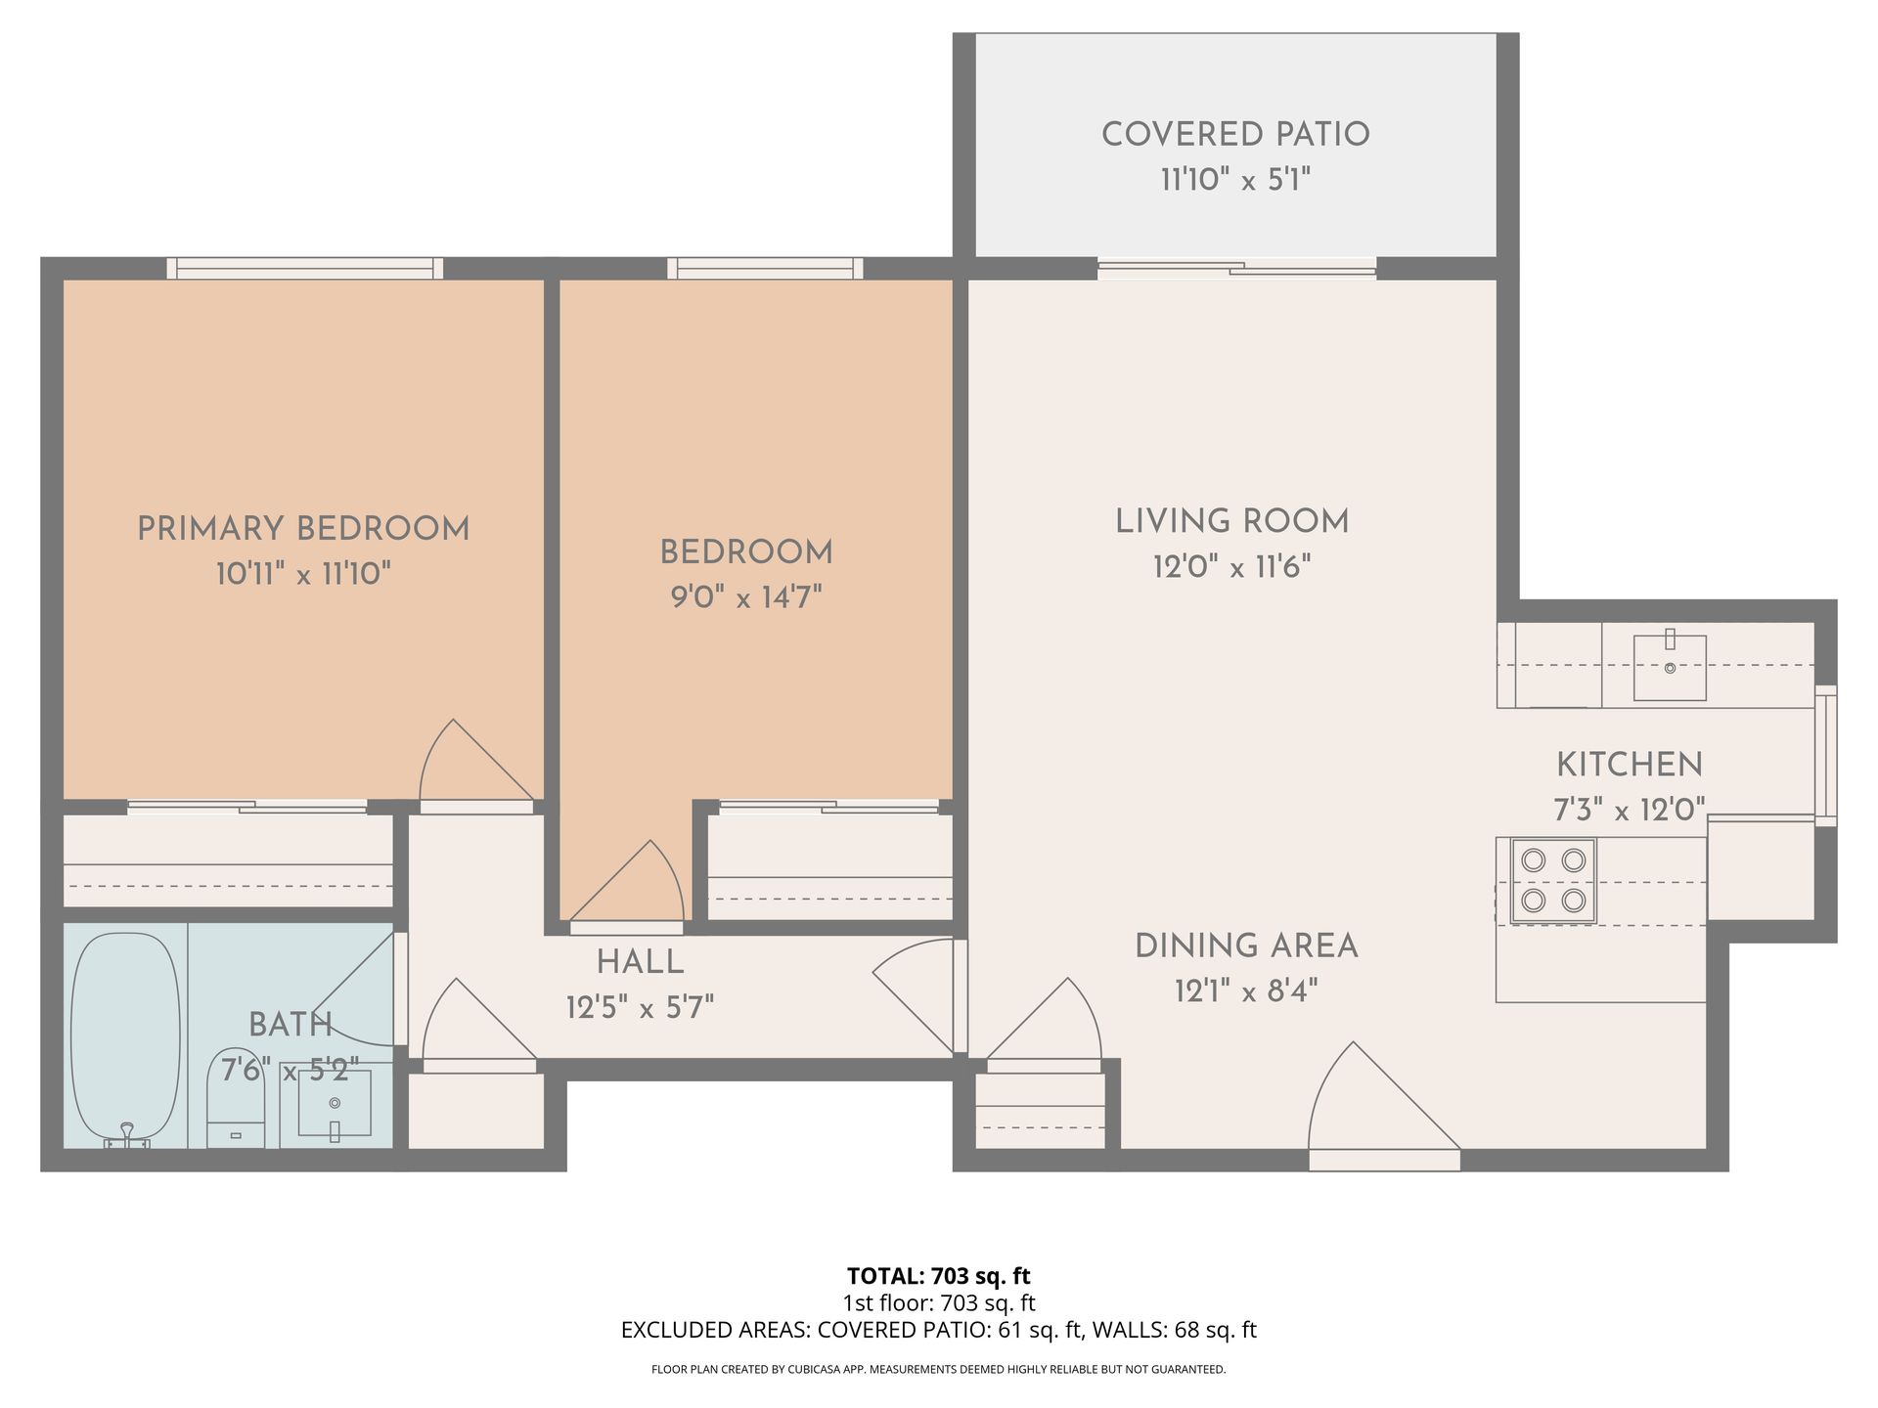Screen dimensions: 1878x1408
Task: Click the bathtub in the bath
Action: [126, 1038]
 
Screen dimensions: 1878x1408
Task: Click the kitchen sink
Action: [1670, 667]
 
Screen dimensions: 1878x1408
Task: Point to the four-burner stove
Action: [1553, 880]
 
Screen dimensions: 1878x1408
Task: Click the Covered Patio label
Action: [1235, 135]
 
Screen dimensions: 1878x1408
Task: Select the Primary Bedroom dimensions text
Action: [303, 574]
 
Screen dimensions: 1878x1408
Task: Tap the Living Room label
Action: [1232, 521]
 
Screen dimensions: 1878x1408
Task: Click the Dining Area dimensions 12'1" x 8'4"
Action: [1246, 991]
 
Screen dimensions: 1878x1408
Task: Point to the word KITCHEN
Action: [1630, 764]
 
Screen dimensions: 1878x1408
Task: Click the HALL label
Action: [641, 962]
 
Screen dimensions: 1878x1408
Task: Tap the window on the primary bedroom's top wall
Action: [305, 268]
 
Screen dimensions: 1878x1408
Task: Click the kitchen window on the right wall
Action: [1826, 756]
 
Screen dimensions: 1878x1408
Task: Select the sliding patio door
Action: [1236, 268]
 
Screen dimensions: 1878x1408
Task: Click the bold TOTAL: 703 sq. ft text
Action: [939, 1276]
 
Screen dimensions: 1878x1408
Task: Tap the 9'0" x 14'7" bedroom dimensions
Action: [746, 597]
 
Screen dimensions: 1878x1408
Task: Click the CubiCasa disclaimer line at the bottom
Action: [939, 1370]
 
